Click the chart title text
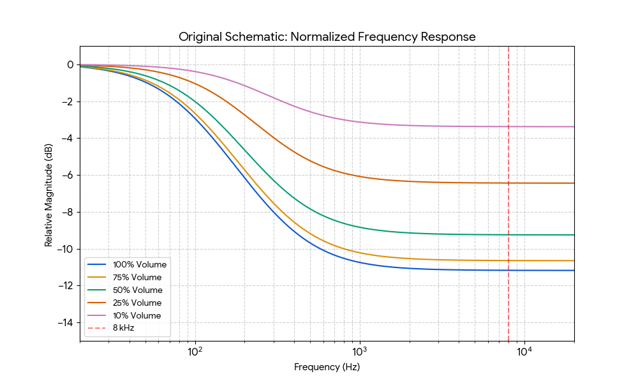click(x=327, y=36)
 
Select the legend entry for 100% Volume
click(x=139, y=264)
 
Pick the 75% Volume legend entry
click(x=137, y=277)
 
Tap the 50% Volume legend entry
click(x=137, y=290)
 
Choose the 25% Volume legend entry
click(x=137, y=303)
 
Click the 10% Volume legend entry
click(x=137, y=315)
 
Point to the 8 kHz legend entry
click(x=124, y=328)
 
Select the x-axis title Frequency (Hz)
click(x=327, y=367)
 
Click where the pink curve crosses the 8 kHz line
click(x=508, y=126)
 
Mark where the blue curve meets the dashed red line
click(x=508, y=270)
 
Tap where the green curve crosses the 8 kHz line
click(x=508, y=234)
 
